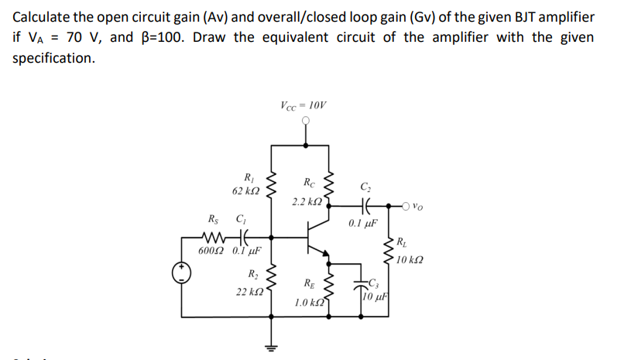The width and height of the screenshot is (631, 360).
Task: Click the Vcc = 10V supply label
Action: (x=303, y=105)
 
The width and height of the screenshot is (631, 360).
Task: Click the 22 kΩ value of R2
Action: (x=251, y=292)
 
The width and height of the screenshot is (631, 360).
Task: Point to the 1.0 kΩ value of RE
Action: (x=309, y=302)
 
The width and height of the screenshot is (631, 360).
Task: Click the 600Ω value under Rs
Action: (x=211, y=251)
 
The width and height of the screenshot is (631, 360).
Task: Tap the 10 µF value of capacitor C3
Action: (x=378, y=296)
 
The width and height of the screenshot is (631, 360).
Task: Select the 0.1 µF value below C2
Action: (x=363, y=224)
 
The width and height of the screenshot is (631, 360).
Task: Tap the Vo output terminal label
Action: (x=417, y=207)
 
